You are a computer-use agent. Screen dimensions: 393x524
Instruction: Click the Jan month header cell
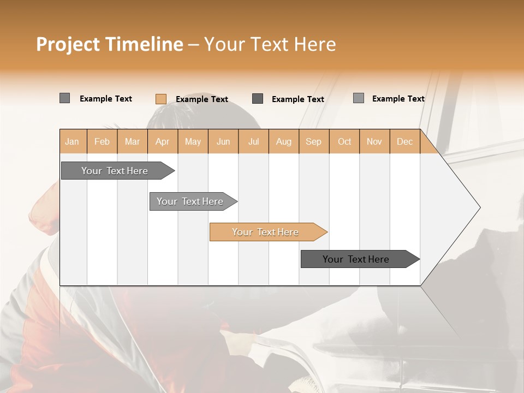[73, 141]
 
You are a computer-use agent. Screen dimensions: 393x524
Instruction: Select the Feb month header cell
[102, 141]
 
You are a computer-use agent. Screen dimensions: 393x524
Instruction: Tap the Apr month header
[163, 141]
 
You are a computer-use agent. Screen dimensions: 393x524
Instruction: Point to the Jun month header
[223, 141]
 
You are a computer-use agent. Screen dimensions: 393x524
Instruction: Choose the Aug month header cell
[284, 141]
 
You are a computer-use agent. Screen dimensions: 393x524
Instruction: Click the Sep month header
[314, 141]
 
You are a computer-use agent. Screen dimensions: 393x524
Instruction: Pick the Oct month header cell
[344, 141]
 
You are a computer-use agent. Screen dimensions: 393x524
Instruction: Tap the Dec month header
[405, 141]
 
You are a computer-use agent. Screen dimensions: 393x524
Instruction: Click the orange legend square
[160, 99]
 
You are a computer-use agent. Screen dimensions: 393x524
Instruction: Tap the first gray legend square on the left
[64, 98]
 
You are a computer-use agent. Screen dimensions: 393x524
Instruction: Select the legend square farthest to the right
[359, 98]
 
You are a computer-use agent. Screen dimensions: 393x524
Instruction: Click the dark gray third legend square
[258, 98]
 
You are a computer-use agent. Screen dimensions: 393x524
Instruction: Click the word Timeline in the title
[144, 44]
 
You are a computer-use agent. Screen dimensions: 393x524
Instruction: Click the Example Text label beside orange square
[202, 99]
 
